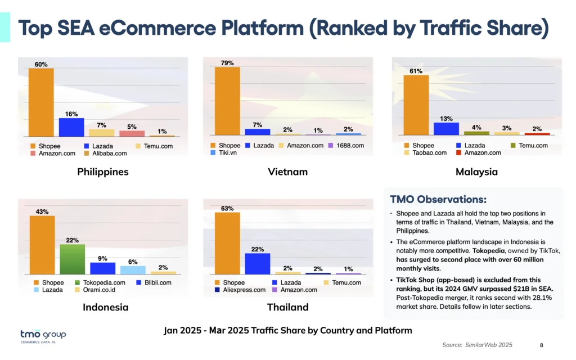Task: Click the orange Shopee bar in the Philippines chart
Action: coord(41,102)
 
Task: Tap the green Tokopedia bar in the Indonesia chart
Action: coord(72,259)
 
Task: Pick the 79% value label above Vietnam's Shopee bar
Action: coord(227,63)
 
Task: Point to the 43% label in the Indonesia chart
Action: coord(42,211)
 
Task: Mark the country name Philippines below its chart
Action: coord(103,172)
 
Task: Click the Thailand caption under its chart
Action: coord(287,307)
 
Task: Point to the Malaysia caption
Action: coord(476,172)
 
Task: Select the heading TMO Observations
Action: coord(438,200)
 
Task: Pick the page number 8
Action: coord(541,345)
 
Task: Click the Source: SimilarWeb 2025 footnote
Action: coord(477,345)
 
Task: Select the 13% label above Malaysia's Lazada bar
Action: coord(446,118)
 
